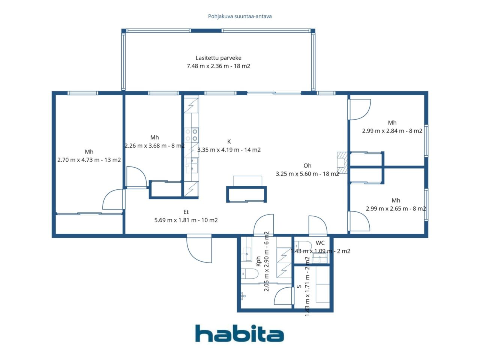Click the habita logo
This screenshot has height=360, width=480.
click(239, 333)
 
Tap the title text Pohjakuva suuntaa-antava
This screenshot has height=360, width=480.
click(240, 16)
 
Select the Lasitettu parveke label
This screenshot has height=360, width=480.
click(218, 58)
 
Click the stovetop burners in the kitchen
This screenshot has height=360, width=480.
click(192, 135)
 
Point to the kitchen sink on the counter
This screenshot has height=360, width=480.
click(192, 165)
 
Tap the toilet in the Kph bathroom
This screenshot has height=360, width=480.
click(249, 274)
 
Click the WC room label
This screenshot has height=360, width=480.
click(320, 243)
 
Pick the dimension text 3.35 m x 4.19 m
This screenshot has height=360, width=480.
click(229, 150)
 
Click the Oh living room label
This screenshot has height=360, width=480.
click(307, 166)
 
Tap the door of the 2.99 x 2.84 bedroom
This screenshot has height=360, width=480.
click(359, 109)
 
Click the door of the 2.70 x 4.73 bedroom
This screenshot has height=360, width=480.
click(114, 200)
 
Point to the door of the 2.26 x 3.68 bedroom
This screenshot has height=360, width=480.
click(136, 178)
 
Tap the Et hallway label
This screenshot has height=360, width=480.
click(186, 212)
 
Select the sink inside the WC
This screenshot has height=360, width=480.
click(320, 258)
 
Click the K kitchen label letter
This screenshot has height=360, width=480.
click(229, 142)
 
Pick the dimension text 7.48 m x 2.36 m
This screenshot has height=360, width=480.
click(218, 66)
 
